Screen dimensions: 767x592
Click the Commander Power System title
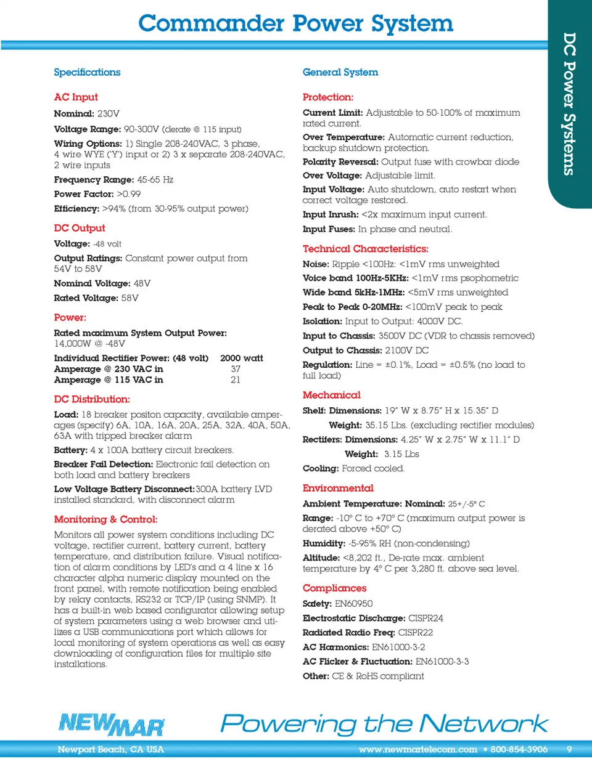click(295, 23)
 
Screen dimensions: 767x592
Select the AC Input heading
click(76, 97)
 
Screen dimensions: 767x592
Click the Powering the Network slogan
click(384, 723)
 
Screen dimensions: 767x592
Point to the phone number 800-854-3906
click(519, 749)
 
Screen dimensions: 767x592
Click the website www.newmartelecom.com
click(417, 749)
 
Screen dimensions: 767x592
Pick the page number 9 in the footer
click(569, 749)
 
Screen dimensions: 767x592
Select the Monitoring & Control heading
click(105, 519)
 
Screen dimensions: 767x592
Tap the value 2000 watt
click(241, 358)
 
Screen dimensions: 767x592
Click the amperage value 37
click(236, 369)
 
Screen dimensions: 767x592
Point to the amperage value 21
click(236, 379)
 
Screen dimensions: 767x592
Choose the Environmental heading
click(338, 488)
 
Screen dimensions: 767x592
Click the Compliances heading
click(334, 588)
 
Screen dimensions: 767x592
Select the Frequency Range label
click(94, 180)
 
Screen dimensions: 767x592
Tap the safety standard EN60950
click(353, 604)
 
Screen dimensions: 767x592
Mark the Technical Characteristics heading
click(365, 249)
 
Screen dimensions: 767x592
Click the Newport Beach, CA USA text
click(110, 749)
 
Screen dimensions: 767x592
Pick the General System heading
click(340, 72)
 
